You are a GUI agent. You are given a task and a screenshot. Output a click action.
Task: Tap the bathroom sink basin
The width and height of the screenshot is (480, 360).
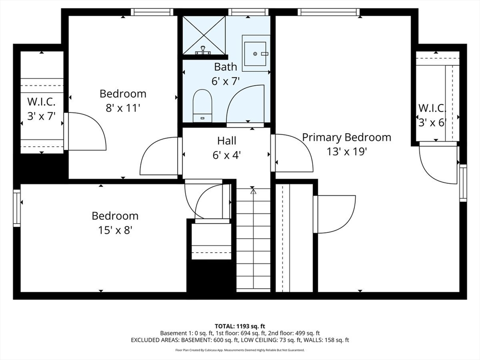[x=255, y=53]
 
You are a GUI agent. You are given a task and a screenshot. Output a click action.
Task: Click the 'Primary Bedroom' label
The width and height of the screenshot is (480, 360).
[x=346, y=137]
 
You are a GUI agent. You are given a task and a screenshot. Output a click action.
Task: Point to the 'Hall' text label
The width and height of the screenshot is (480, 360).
[x=226, y=141]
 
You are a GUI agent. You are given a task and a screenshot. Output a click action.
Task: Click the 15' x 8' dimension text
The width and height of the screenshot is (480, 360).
[x=115, y=230]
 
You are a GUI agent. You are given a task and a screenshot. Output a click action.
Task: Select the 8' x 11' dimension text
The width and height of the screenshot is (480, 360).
[x=123, y=108]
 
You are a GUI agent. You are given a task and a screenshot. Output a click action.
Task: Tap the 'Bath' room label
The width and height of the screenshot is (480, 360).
[x=225, y=67]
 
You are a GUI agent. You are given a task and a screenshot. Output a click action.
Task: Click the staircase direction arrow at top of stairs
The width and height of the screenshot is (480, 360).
[x=253, y=191]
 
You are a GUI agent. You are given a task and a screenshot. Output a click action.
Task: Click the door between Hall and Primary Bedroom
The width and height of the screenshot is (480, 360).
[x=293, y=153]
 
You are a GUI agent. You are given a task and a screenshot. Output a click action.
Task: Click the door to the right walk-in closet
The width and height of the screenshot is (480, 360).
[x=438, y=164]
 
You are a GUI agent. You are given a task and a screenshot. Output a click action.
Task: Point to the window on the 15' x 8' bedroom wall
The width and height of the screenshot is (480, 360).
[x=17, y=208]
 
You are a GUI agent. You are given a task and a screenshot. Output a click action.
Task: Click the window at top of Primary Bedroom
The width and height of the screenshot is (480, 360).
[x=328, y=12]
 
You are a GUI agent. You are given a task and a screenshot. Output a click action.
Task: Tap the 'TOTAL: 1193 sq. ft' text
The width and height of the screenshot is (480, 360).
[x=240, y=326]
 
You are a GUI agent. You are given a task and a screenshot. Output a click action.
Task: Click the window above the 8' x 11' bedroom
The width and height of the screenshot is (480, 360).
[x=145, y=12]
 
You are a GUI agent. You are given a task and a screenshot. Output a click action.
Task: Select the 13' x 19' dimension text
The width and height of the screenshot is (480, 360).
[x=346, y=151]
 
